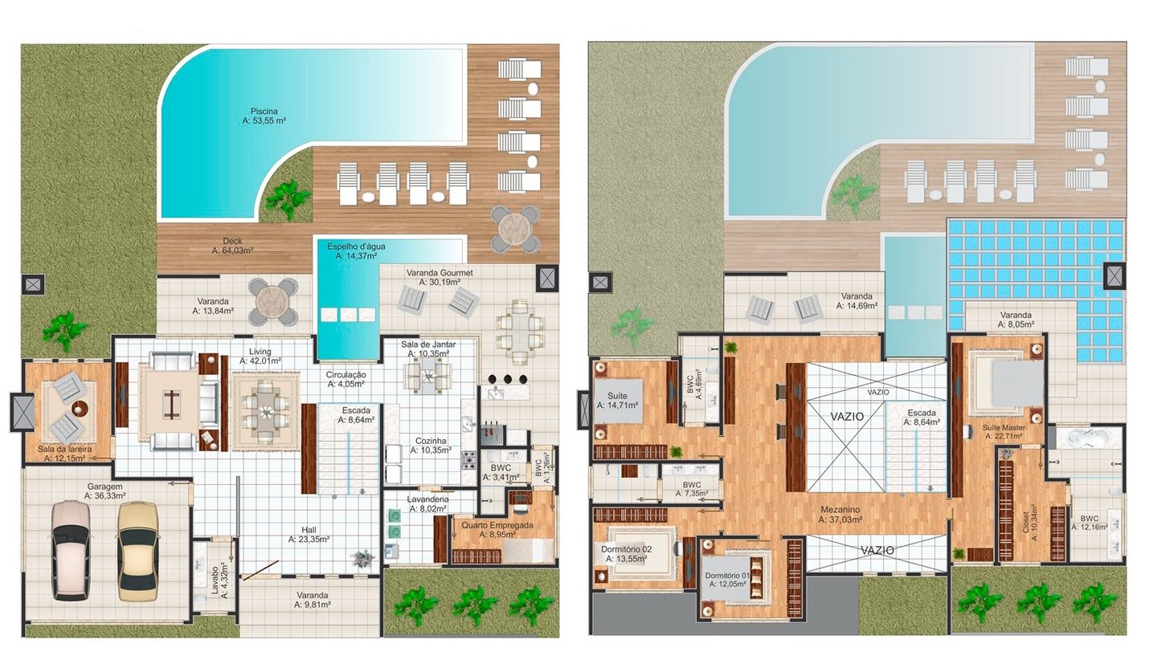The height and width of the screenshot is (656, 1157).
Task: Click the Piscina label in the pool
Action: (x=264, y=112)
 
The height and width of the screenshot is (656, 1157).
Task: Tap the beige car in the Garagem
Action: (x=137, y=552)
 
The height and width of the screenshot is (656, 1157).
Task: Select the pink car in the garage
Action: (x=72, y=551)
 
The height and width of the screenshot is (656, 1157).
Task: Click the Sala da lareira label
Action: (x=64, y=450)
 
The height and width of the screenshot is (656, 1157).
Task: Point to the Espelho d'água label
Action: (x=356, y=247)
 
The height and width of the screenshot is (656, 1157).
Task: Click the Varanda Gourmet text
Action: (x=439, y=273)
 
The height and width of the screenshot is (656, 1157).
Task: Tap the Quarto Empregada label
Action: (x=497, y=525)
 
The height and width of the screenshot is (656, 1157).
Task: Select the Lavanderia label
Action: (x=427, y=499)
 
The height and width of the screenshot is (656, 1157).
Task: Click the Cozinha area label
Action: (x=431, y=442)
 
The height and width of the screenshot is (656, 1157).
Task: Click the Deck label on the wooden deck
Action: (x=232, y=241)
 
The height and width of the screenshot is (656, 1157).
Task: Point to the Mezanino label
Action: (x=840, y=510)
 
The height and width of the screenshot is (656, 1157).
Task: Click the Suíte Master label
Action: (x=1004, y=427)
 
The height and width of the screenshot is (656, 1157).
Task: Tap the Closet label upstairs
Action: (x=1025, y=523)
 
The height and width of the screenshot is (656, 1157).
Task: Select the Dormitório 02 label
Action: (x=627, y=549)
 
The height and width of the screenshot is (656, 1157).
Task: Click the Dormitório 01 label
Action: (x=727, y=576)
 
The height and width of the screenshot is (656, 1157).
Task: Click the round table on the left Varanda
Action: (x=272, y=301)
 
